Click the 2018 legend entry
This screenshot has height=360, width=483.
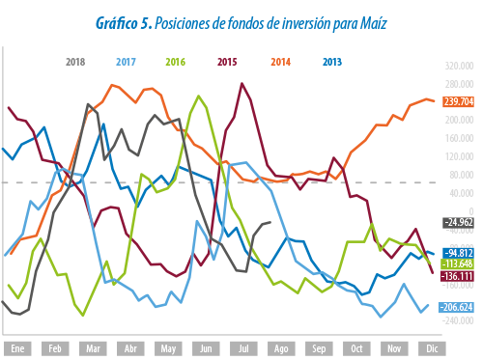coord(75,62)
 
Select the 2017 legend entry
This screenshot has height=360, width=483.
coord(126,62)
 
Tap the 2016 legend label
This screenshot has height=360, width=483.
coord(176,62)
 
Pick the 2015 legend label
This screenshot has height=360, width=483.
coord(227,62)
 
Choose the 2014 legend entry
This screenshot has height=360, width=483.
coord(280,62)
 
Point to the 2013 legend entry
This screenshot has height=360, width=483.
coord(332,62)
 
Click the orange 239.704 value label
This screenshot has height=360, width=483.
coord(459,101)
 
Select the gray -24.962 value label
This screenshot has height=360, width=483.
coord(459,222)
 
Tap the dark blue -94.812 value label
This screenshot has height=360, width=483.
coord(459,253)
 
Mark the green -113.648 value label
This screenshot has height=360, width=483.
coord(458,263)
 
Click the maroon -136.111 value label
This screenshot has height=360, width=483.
coord(457,276)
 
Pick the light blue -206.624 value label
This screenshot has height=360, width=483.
coord(457,307)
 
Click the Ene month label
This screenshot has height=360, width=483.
coord(17,348)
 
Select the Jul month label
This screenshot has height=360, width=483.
coord(243,348)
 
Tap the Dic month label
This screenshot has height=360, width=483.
coord(432,348)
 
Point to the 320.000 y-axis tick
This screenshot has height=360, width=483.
coord(460,66)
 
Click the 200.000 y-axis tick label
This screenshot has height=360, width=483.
coord(460,120)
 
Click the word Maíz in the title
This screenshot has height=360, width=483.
coord(373,23)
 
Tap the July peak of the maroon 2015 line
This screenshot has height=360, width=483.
coord(241,84)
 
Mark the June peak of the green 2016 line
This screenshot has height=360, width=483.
coord(198,96)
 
